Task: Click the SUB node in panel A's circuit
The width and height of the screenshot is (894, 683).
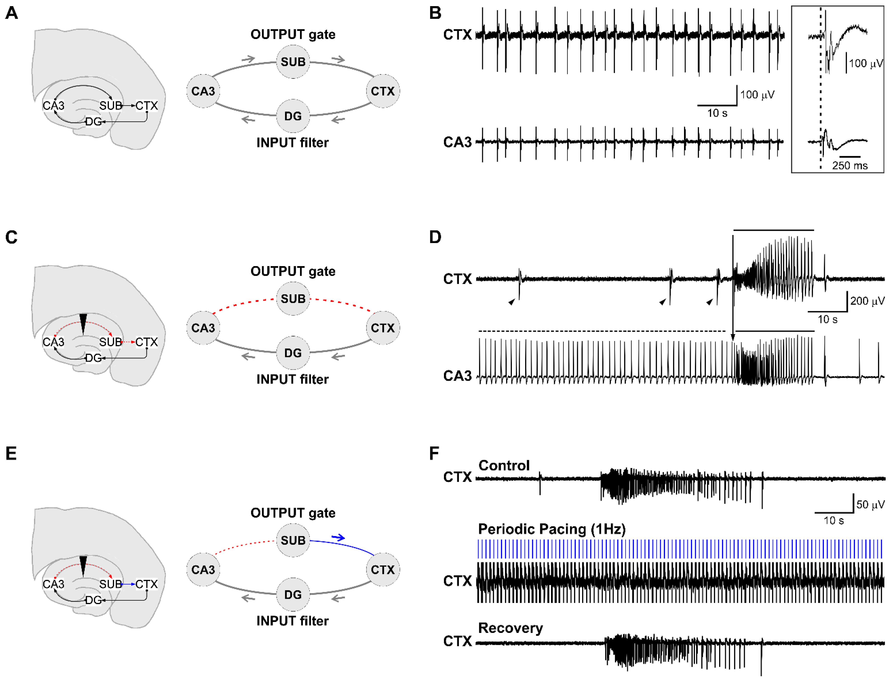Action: [293, 62]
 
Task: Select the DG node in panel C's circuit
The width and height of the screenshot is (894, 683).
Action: [293, 353]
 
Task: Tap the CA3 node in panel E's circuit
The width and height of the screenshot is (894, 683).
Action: [203, 570]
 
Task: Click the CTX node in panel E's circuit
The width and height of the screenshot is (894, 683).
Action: [382, 570]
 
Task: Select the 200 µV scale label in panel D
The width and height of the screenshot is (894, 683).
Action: [867, 301]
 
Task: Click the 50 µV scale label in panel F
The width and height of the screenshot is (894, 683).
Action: [870, 505]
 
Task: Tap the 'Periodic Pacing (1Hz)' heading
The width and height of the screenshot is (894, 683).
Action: [551, 529]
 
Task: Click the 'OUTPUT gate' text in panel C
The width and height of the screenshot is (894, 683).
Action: [293, 271]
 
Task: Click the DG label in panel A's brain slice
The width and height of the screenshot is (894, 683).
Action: [93, 122]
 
